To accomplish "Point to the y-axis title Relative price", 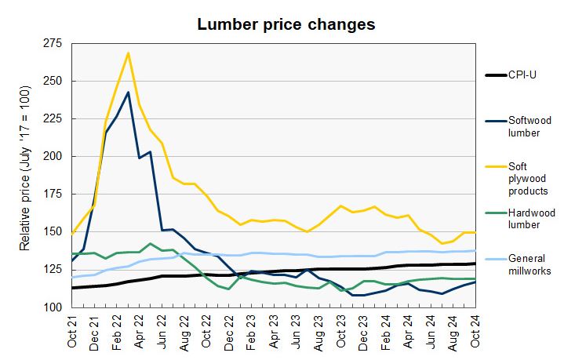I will click(x=25, y=179).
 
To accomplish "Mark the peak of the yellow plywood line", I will click(x=128, y=53).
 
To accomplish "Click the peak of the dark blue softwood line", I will click(x=128, y=92).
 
